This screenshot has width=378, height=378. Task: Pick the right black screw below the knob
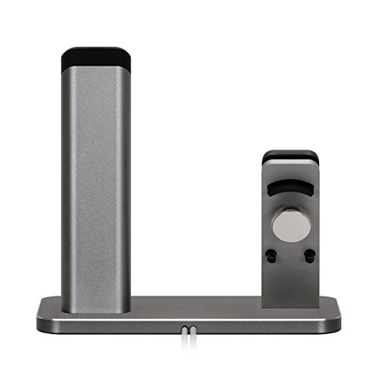pos(309,256)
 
